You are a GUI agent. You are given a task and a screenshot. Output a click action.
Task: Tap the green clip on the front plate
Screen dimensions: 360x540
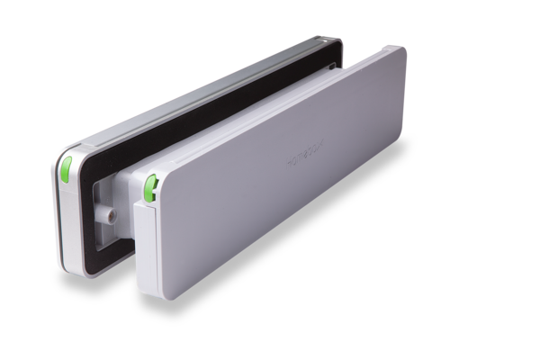click(x=147, y=188)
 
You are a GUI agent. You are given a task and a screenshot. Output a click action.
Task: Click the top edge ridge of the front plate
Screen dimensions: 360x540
click(x=270, y=99)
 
